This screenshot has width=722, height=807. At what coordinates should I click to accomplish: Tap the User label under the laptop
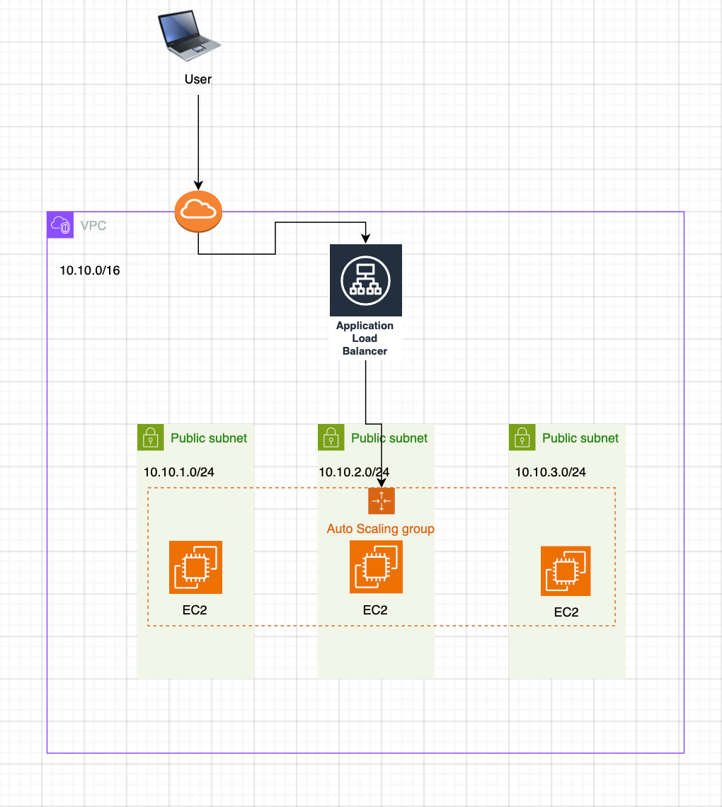(x=198, y=79)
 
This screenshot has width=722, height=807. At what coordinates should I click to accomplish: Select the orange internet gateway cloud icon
(x=198, y=210)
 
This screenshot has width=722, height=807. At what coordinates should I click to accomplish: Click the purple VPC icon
(x=60, y=225)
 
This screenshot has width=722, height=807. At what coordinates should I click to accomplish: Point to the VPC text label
(x=93, y=227)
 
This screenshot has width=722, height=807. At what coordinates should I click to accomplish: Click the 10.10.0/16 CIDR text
(x=90, y=270)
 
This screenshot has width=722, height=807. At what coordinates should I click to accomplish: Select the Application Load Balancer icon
(x=365, y=280)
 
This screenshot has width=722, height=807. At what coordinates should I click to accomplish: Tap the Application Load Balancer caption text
(x=365, y=338)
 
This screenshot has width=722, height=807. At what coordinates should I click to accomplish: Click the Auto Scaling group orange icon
(x=381, y=500)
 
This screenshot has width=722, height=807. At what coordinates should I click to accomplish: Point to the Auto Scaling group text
(x=381, y=529)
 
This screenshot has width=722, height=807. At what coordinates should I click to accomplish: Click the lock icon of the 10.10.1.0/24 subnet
(x=150, y=437)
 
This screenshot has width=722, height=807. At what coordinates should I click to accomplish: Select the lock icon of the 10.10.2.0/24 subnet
(x=331, y=437)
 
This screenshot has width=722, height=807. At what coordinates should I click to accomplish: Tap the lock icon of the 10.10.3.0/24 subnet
(x=522, y=437)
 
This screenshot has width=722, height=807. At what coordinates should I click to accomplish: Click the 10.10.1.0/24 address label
(x=179, y=472)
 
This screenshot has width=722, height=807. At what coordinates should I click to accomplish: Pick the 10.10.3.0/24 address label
(x=550, y=472)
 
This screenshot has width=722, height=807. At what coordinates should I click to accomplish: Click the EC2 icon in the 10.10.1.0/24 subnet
(x=195, y=567)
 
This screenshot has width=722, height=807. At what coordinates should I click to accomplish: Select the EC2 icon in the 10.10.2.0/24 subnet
(x=376, y=567)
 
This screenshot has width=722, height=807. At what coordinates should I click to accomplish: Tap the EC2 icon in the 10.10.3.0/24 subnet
(x=566, y=571)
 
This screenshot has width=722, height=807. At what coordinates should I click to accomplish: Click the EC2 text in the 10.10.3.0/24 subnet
(x=566, y=612)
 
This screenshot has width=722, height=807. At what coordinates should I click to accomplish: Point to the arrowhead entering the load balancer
(x=365, y=239)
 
